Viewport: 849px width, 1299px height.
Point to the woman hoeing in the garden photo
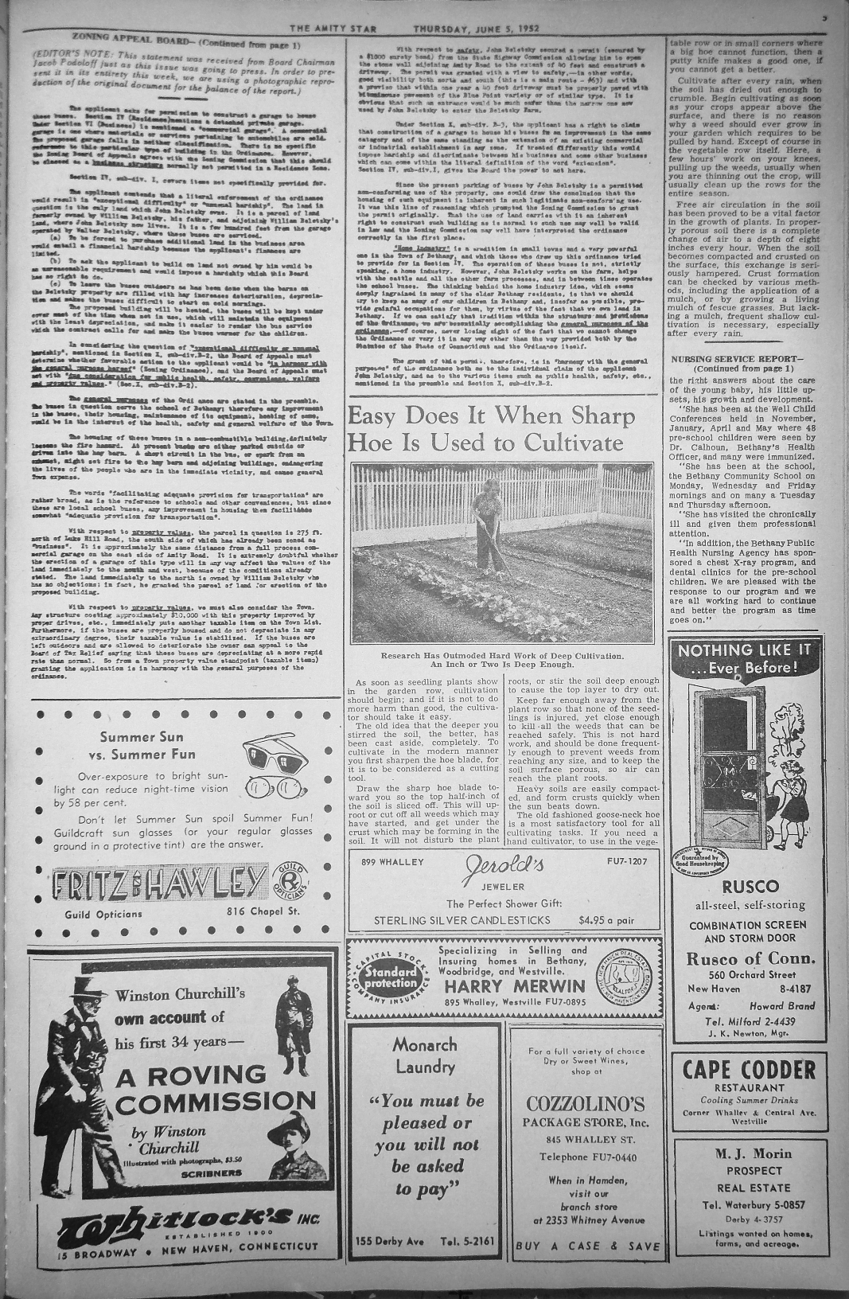[487, 529]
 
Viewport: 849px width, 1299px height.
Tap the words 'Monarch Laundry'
[424, 1055]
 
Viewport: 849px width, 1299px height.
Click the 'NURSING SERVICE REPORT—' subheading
[733, 358]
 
